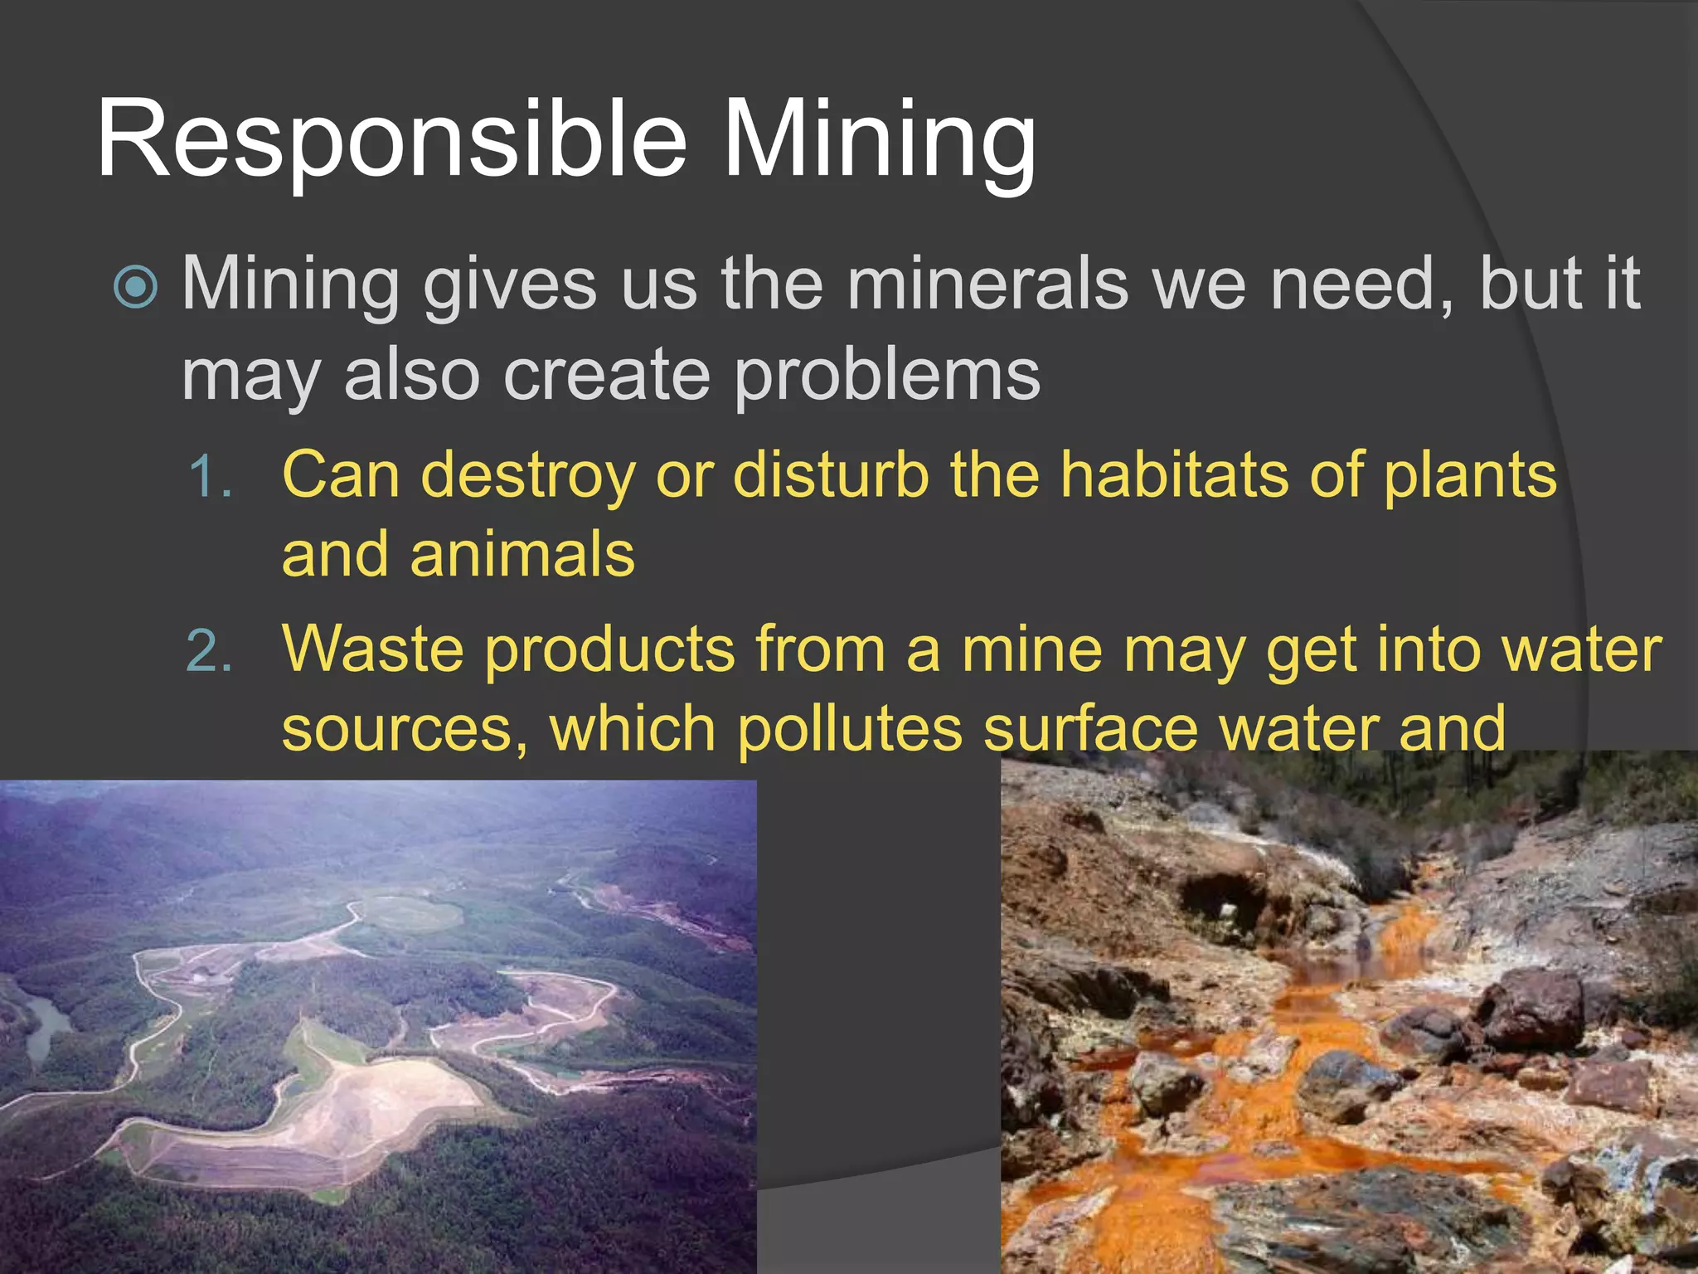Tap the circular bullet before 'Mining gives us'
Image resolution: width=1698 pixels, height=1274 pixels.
135,287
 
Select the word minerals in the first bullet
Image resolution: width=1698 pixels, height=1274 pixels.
987,284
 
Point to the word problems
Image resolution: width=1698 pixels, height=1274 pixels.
886,375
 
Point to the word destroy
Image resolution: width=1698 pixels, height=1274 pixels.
527,476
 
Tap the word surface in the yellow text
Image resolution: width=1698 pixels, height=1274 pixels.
1091,728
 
